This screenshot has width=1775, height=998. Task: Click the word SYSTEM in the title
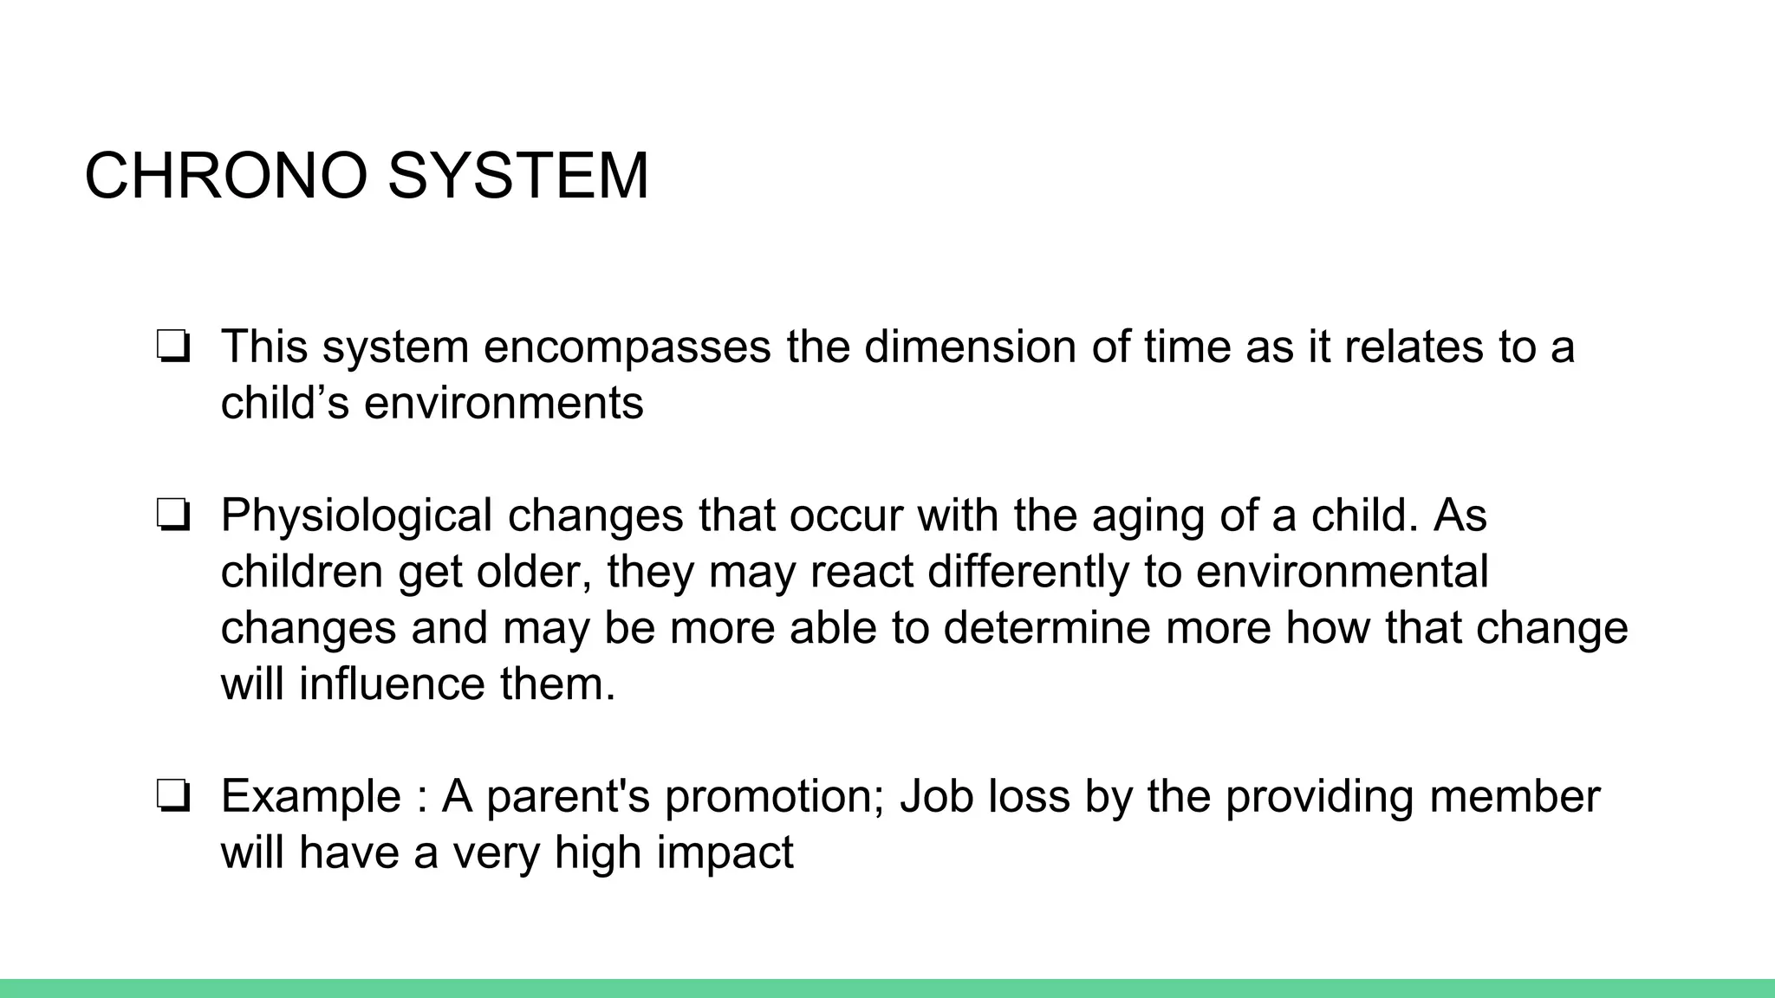(517, 176)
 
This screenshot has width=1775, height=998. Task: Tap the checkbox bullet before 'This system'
(173, 348)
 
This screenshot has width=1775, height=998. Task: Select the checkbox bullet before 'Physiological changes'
(173, 516)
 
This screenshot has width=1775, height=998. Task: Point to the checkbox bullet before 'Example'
(173, 797)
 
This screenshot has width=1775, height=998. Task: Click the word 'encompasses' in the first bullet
(627, 347)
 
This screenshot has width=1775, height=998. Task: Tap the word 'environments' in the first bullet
(504, 403)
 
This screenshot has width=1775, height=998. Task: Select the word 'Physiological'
(356, 515)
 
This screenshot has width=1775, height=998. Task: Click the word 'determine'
(1046, 627)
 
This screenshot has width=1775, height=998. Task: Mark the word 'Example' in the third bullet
(311, 797)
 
